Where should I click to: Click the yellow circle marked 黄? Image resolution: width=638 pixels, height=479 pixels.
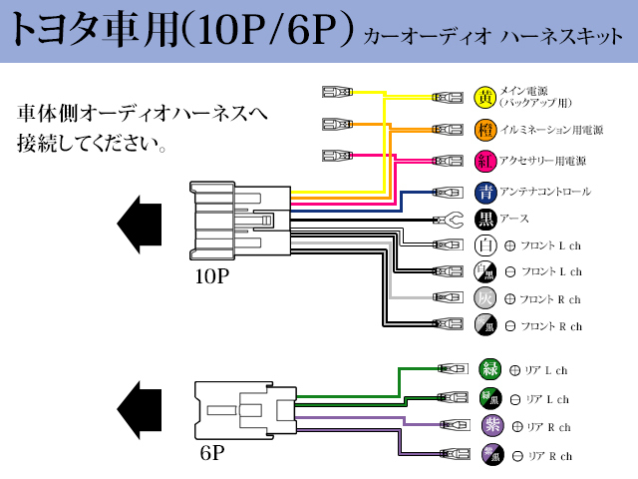(485, 97)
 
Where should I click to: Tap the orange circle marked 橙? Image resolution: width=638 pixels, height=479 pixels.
(485, 129)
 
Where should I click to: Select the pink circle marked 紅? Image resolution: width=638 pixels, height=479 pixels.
(485, 160)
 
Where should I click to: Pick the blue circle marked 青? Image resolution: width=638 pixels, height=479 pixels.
(485, 192)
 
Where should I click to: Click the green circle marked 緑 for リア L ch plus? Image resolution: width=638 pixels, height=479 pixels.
(489, 368)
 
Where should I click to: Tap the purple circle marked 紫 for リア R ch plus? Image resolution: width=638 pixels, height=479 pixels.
(489, 426)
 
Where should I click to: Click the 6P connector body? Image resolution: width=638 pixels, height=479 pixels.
(244, 410)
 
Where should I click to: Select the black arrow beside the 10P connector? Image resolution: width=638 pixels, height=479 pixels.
(140, 222)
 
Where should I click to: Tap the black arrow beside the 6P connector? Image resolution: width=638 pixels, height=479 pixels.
(140, 408)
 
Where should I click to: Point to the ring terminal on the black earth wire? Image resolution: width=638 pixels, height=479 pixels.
(448, 220)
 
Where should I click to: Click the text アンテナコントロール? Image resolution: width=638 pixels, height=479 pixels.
(545, 192)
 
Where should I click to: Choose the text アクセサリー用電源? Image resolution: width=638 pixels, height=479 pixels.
(543, 161)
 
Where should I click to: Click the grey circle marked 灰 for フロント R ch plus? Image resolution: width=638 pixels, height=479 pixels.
(485, 297)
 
